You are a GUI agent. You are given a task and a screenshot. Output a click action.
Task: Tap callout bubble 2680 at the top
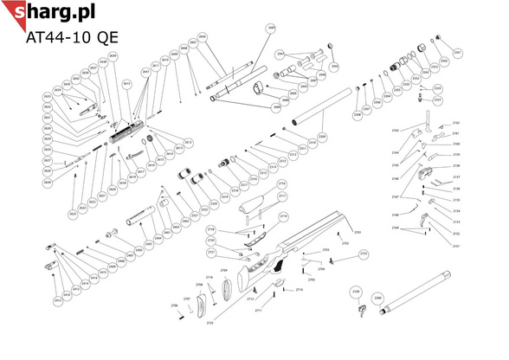[x=270, y=29]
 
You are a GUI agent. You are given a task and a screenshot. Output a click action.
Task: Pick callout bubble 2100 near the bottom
[x=355, y=292]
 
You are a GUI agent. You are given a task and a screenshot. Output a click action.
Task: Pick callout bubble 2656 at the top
[x=203, y=36]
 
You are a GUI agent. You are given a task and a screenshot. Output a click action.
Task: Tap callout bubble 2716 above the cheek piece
[x=280, y=184]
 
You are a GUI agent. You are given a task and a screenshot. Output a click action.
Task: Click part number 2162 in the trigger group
[x=456, y=124]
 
